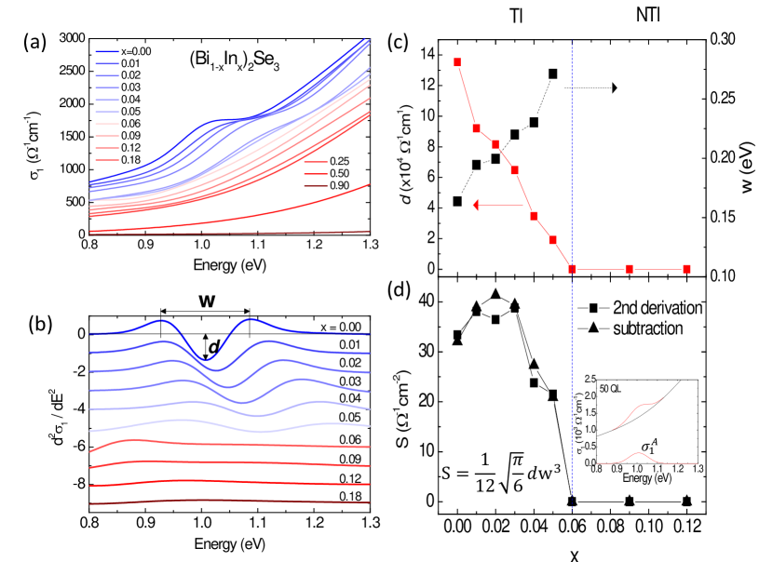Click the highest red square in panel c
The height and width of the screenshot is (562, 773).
tap(457, 62)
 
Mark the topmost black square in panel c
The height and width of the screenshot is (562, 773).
tap(553, 74)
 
